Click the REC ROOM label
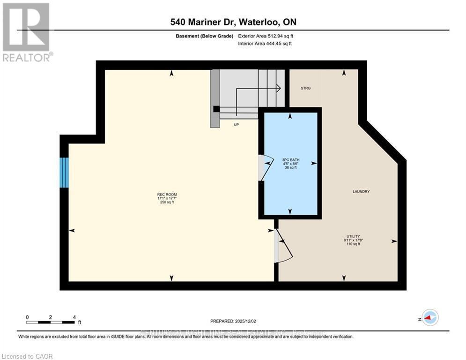coord(167,194)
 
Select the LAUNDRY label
coord(361,192)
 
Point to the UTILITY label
coord(353,236)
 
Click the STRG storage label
coord(305,88)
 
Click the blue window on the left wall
coord(64,172)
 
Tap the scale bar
coord(51,322)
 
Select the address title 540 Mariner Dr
coord(233,22)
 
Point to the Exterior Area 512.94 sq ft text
coord(266,36)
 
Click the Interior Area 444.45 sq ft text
coord(266,44)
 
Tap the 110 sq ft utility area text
coord(353,244)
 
